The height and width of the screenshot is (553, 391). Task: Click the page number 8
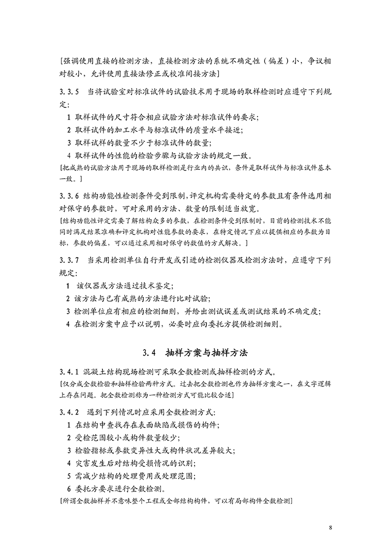pyautogui.click(x=331, y=527)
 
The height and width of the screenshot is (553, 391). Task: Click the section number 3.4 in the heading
pyautogui.click(x=149, y=353)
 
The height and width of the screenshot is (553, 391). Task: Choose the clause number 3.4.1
pyautogui.click(x=69, y=370)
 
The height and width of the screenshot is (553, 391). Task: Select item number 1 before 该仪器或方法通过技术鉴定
pyautogui.click(x=68, y=286)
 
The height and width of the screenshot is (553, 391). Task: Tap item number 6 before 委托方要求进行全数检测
pyautogui.click(x=68, y=489)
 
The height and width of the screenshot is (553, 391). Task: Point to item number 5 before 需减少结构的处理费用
pyautogui.click(x=68, y=476)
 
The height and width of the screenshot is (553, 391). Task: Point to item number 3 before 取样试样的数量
pyautogui.click(x=68, y=143)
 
